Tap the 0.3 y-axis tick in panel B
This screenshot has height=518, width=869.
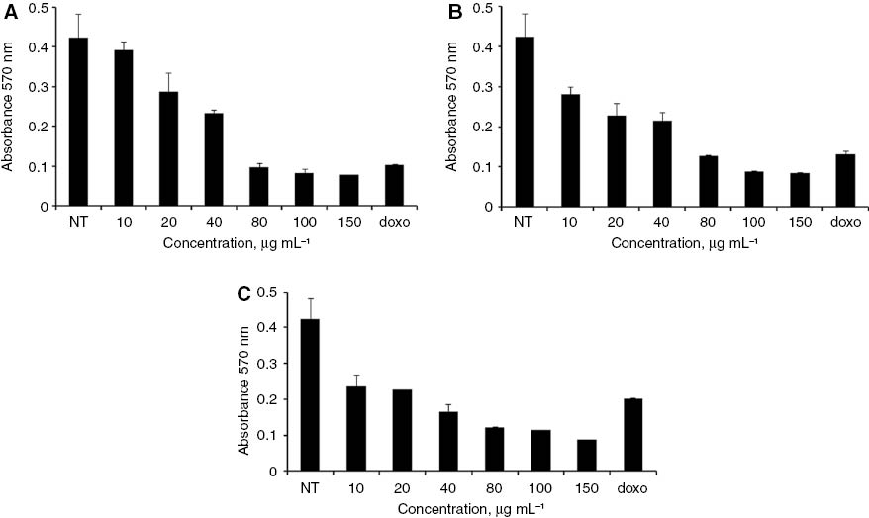point(478,87)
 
